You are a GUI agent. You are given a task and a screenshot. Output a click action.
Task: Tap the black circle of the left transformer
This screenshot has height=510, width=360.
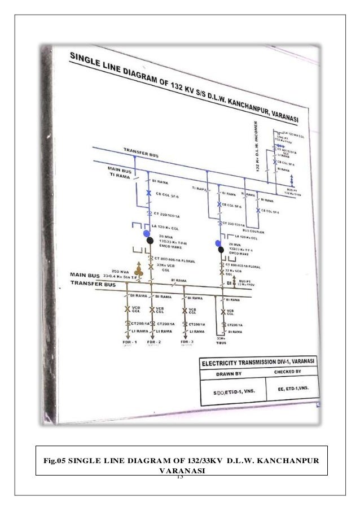150,241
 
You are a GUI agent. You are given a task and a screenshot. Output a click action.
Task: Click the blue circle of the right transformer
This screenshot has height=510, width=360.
218,243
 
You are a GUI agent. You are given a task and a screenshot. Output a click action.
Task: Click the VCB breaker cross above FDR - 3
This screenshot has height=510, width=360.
186,310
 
